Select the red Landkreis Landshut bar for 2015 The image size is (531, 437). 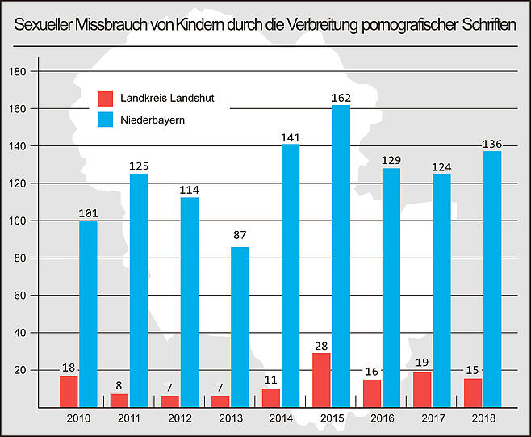point(320,379)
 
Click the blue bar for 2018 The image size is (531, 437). point(491,278)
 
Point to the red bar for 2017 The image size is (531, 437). point(420,389)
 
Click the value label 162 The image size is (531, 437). point(341,98)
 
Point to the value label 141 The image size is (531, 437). point(290,137)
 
